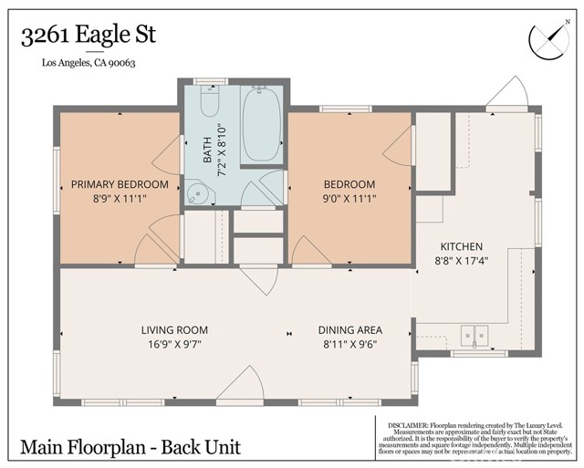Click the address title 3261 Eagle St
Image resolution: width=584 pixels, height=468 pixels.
89,36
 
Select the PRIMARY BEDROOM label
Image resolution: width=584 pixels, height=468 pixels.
120,184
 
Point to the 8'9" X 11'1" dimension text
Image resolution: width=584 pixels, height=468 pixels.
120,198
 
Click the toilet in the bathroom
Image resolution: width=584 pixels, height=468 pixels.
209,106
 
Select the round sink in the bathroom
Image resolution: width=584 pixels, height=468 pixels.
198,193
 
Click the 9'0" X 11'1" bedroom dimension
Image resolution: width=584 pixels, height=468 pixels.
349,198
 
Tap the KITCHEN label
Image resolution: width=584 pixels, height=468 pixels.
462,247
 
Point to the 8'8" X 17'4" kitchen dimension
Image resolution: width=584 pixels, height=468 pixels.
462,261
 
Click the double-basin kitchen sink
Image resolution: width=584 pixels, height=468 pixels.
474,338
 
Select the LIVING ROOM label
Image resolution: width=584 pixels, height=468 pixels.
174,330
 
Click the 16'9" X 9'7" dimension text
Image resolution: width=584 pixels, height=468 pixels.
174,344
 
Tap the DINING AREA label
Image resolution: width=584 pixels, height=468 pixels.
349,330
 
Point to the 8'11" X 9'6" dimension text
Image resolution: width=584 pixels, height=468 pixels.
349,344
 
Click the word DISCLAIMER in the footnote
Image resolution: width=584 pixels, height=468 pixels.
408,424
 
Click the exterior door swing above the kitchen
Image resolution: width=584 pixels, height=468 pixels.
505,92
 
